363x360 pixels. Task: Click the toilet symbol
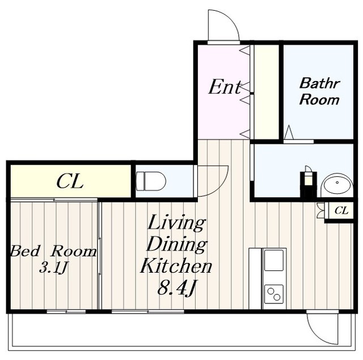pyautogui.click(x=151, y=181)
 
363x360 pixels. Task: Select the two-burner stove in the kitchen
pyautogui.click(x=274, y=294)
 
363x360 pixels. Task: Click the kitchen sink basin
pyautogui.click(x=274, y=260)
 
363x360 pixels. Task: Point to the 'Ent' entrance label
pyautogui.click(x=225, y=87)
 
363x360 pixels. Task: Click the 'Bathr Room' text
pyautogui.click(x=319, y=92)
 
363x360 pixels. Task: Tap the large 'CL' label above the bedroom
pyautogui.click(x=70, y=181)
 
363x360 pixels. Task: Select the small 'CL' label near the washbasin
pyautogui.click(x=341, y=211)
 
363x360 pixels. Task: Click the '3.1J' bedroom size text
pyautogui.click(x=53, y=268)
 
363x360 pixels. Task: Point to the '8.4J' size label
pyautogui.click(x=176, y=289)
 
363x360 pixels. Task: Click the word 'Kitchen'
pyautogui.click(x=176, y=266)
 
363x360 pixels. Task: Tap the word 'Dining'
pyautogui.click(x=176, y=245)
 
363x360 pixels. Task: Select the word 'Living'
pyautogui.click(x=176, y=223)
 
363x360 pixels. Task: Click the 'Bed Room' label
pyautogui.click(x=53, y=252)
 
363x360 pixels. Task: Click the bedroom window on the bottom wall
pyautogui.click(x=66, y=312)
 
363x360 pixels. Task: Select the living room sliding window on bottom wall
pyautogui.click(x=147, y=312)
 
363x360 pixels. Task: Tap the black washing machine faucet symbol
pyautogui.click(x=308, y=184)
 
